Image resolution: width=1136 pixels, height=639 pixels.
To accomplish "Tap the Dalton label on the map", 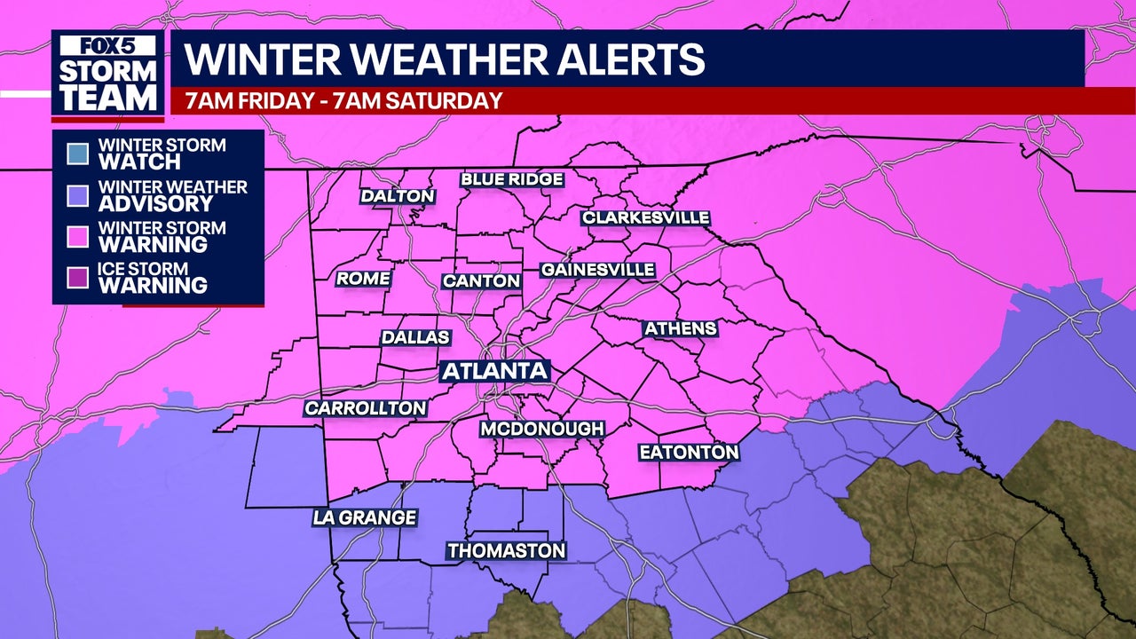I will pyautogui.click(x=398, y=196).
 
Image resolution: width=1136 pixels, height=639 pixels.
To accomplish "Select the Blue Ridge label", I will pyautogui.click(x=512, y=179).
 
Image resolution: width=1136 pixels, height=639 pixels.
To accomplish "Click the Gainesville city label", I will pyautogui.click(x=597, y=269).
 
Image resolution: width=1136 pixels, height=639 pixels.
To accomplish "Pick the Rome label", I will pyautogui.click(x=363, y=279).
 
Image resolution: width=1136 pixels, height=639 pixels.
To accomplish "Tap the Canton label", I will pyautogui.click(x=481, y=280).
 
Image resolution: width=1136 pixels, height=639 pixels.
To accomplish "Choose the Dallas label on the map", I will pyautogui.click(x=415, y=337).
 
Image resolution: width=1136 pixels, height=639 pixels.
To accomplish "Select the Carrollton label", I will pyautogui.click(x=366, y=408).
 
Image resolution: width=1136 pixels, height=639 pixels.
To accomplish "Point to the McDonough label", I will pyautogui.click(x=541, y=429).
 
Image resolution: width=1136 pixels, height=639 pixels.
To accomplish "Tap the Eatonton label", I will pyautogui.click(x=689, y=453).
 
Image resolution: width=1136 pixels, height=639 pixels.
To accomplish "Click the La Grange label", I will pyautogui.click(x=364, y=517).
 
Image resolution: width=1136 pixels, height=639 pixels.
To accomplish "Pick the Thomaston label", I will pyautogui.click(x=506, y=550).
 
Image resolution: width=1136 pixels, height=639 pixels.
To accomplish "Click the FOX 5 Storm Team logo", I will pyautogui.click(x=107, y=76).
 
